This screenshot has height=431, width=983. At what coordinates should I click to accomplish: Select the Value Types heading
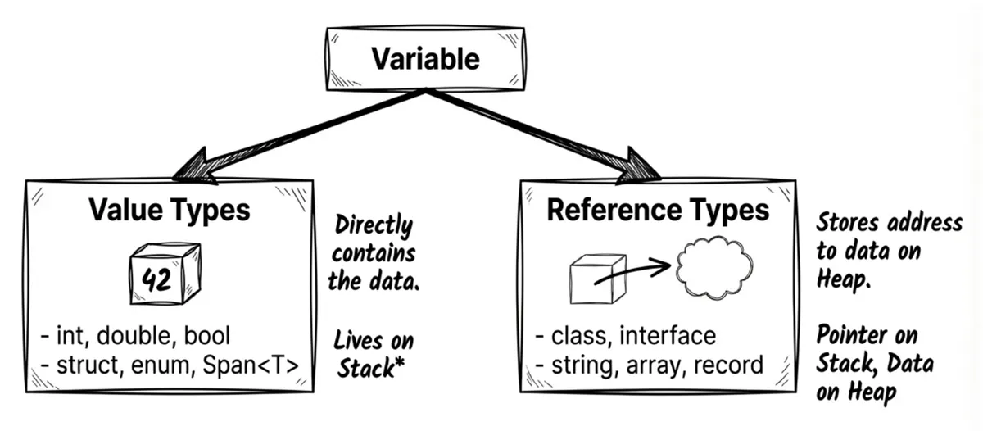pyautogui.click(x=169, y=210)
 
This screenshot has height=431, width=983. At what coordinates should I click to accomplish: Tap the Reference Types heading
pyautogui.click(x=658, y=210)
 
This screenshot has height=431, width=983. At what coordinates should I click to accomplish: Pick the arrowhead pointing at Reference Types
pyautogui.click(x=643, y=167)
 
